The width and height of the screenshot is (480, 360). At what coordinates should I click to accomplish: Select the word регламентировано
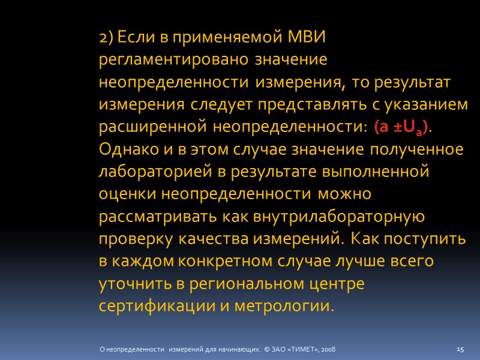click(175, 60)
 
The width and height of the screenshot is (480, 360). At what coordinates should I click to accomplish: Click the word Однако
click(124, 150)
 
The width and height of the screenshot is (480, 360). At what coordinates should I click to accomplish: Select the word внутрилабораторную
click(335, 217)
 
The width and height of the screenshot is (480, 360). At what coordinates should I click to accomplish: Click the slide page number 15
click(461, 349)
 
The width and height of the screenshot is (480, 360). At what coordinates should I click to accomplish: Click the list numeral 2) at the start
click(106, 38)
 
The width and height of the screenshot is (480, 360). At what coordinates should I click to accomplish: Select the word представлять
click(296, 105)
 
